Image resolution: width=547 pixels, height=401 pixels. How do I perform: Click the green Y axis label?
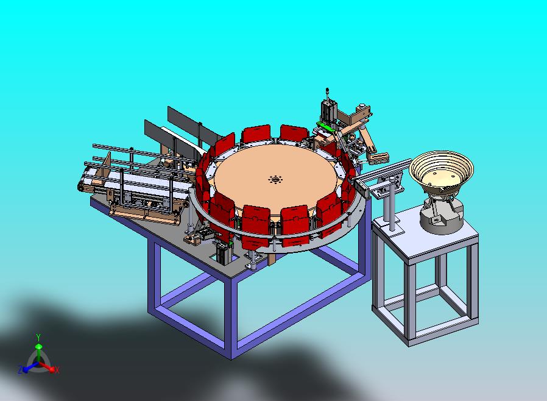(x=38, y=337)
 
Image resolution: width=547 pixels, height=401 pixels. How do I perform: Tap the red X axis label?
(x=57, y=370)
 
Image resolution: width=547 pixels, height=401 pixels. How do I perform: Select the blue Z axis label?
(x=20, y=369)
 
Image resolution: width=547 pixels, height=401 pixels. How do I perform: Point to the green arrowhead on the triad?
(x=39, y=346)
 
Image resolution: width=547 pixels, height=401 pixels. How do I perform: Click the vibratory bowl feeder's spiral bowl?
(x=441, y=171)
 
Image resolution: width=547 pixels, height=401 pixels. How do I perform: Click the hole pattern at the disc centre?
(x=275, y=180)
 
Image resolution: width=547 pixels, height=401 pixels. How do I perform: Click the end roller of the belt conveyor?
(x=82, y=186)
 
